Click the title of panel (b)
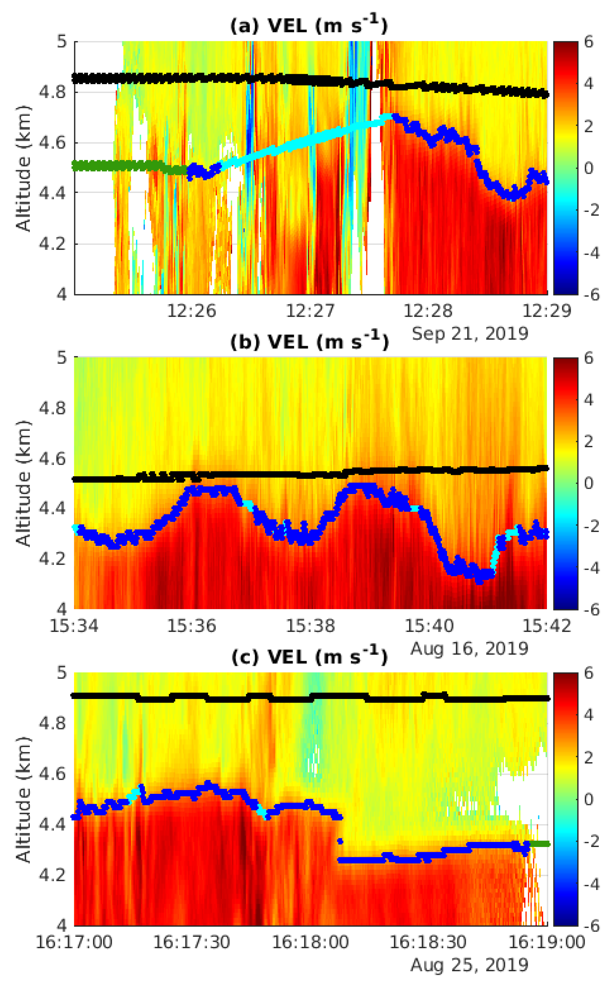[x=309, y=342]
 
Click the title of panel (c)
[x=309, y=657]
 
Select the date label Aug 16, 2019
[x=470, y=649]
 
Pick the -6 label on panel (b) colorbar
[x=591, y=609]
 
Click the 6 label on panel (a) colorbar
[x=589, y=42]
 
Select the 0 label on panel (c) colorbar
[x=589, y=799]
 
